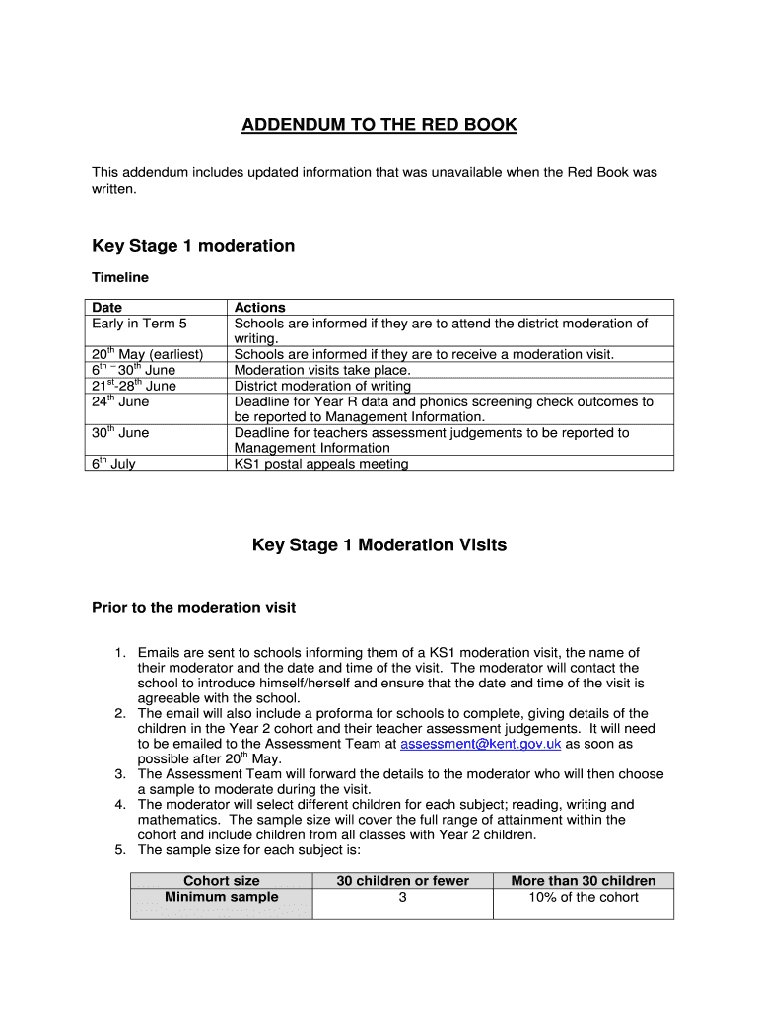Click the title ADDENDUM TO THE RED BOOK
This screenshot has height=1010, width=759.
click(x=379, y=125)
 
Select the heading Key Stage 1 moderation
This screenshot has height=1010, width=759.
click(x=193, y=246)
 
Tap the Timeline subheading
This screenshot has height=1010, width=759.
click(x=120, y=277)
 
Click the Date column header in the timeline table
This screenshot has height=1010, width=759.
click(x=107, y=308)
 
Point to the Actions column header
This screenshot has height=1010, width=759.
click(x=259, y=308)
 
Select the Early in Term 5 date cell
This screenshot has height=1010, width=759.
click(x=139, y=324)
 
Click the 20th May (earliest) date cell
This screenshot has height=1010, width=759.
click(x=147, y=354)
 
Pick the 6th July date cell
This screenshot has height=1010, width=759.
click(x=113, y=464)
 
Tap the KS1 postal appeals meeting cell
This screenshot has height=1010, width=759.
click(x=321, y=464)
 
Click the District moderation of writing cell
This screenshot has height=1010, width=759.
click(x=322, y=386)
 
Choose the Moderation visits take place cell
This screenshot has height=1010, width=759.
click(x=321, y=370)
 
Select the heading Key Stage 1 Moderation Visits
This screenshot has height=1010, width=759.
click(x=379, y=544)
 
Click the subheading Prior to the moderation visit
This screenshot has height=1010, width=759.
click(x=193, y=607)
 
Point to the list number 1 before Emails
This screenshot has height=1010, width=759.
click(x=119, y=653)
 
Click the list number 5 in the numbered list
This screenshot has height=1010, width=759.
click(x=119, y=850)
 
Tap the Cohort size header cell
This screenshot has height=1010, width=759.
click(x=222, y=881)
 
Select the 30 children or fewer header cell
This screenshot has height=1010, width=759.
click(x=402, y=881)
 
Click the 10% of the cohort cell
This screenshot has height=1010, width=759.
click(x=584, y=897)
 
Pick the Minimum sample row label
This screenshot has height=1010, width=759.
click(x=222, y=897)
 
